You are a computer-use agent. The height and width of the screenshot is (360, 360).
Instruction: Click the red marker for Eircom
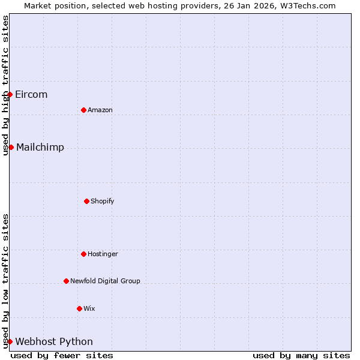click(10, 94)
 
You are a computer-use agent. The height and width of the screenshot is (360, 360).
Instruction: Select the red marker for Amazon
click(83, 110)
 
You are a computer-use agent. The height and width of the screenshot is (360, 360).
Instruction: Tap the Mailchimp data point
click(11, 147)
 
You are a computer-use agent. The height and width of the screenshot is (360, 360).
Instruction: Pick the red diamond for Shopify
click(86, 201)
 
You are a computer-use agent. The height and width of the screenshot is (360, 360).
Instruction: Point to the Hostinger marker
click(83, 254)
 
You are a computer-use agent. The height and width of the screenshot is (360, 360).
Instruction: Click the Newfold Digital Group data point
click(66, 281)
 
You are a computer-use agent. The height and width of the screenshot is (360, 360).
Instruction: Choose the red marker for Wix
click(79, 308)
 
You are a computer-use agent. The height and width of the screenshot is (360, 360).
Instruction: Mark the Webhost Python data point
click(10, 341)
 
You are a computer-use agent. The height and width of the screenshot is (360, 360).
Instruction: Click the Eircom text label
click(31, 94)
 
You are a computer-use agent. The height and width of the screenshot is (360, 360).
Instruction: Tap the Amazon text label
click(100, 110)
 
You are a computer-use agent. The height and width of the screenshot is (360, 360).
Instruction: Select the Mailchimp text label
click(40, 147)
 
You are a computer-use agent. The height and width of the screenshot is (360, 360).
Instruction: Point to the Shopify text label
click(103, 201)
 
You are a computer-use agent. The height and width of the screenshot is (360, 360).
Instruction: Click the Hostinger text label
click(103, 254)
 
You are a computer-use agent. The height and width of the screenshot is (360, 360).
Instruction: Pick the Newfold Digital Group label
click(105, 281)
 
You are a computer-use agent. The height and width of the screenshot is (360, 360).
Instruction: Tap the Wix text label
click(89, 308)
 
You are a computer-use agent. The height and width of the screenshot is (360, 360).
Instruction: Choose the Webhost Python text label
click(54, 341)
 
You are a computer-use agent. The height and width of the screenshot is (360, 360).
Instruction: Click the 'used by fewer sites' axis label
click(62, 355)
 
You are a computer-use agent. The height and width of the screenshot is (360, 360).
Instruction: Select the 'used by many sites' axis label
click(301, 355)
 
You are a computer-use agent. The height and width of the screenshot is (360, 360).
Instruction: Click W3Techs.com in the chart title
click(307, 5)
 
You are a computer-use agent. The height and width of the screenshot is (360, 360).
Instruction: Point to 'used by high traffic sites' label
click(5, 85)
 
